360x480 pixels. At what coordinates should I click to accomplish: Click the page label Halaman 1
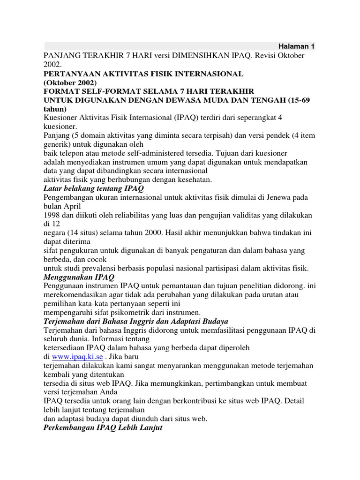click(x=296, y=46)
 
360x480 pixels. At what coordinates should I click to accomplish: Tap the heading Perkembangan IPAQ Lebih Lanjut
click(x=103, y=428)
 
